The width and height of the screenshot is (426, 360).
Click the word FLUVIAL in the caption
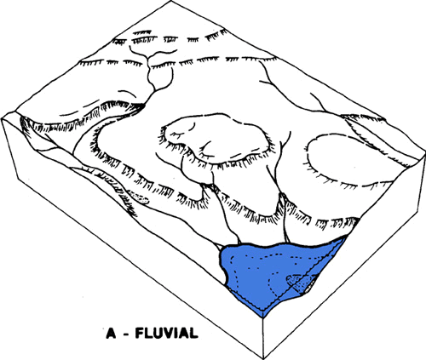pos(166,333)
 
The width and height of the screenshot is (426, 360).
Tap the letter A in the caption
pos(111,333)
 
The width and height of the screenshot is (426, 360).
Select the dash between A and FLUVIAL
pos(126,334)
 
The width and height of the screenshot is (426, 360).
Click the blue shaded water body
pos(273,272)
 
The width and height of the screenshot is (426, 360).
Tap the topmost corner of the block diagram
pos(171,1)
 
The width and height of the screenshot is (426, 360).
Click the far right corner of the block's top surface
pos(425,152)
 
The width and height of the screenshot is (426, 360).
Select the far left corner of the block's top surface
pos(2,119)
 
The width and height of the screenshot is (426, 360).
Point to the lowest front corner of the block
pos(262,358)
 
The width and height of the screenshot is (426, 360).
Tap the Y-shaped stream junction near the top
pos(147,57)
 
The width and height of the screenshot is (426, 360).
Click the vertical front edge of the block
pos(263,338)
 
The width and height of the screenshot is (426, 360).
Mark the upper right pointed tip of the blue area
pos(347,237)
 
